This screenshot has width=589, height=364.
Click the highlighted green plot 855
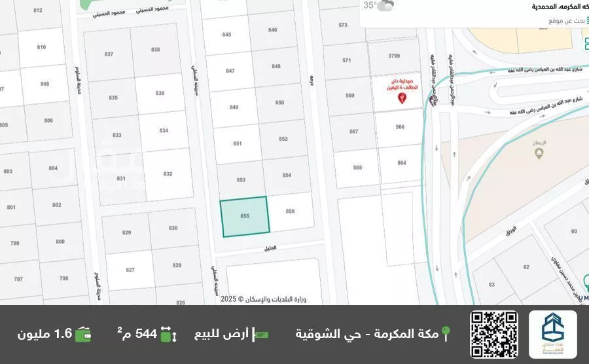pyautogui.click(x=244, y=217)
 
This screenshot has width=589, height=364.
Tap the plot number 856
pyautogui.click(x=291, y=211)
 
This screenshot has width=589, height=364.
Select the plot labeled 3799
pyautogui.click(x=394, y=56)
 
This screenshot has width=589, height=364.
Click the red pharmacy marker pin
pyautogui.click(x=402, y=98)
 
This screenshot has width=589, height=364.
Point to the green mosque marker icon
pyautogui.click(x=539, y=153)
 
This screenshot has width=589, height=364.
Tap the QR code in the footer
pyautogui.click(x=493, y=334)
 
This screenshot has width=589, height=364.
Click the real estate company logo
pyautogui.click(x=553, y=334)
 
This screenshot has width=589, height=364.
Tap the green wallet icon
pyautogui.click(x=83, y=334)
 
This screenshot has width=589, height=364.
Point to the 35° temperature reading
pyautogui.click(x=370, y=6)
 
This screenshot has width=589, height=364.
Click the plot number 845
pyautogui.click(x=227, y=35)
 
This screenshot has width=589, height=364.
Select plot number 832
pyautogui.click(x=168, y=173)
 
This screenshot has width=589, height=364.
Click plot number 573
pyautogui.click(x=343, y=25)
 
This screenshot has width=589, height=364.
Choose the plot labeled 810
pyautogui.click(x=42, y=47)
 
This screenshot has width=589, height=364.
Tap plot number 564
pyautogui.click(x=402, y=163)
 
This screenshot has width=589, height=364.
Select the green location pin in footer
pyautogui.click(x=446, y=334)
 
